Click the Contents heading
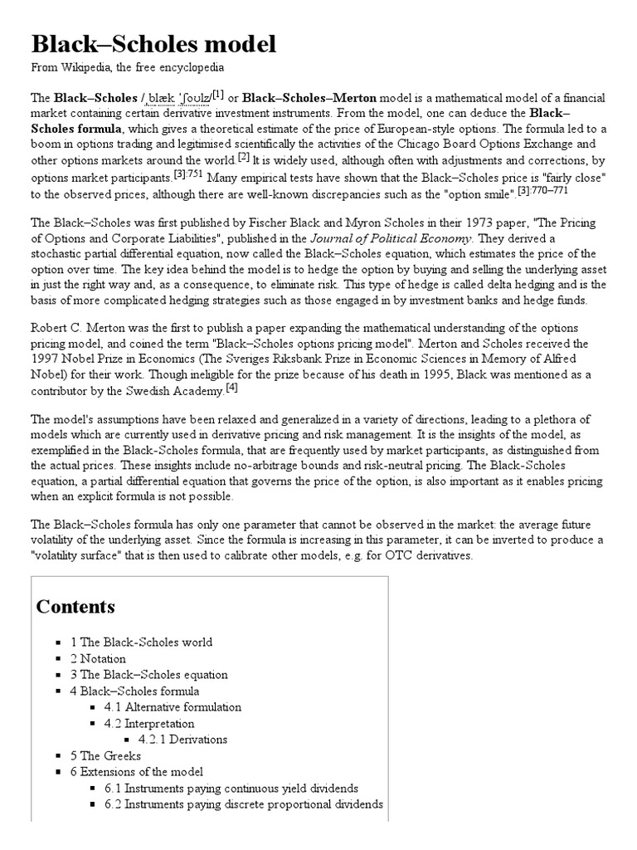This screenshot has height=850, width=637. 76,606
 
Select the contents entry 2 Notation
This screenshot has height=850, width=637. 105,657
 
